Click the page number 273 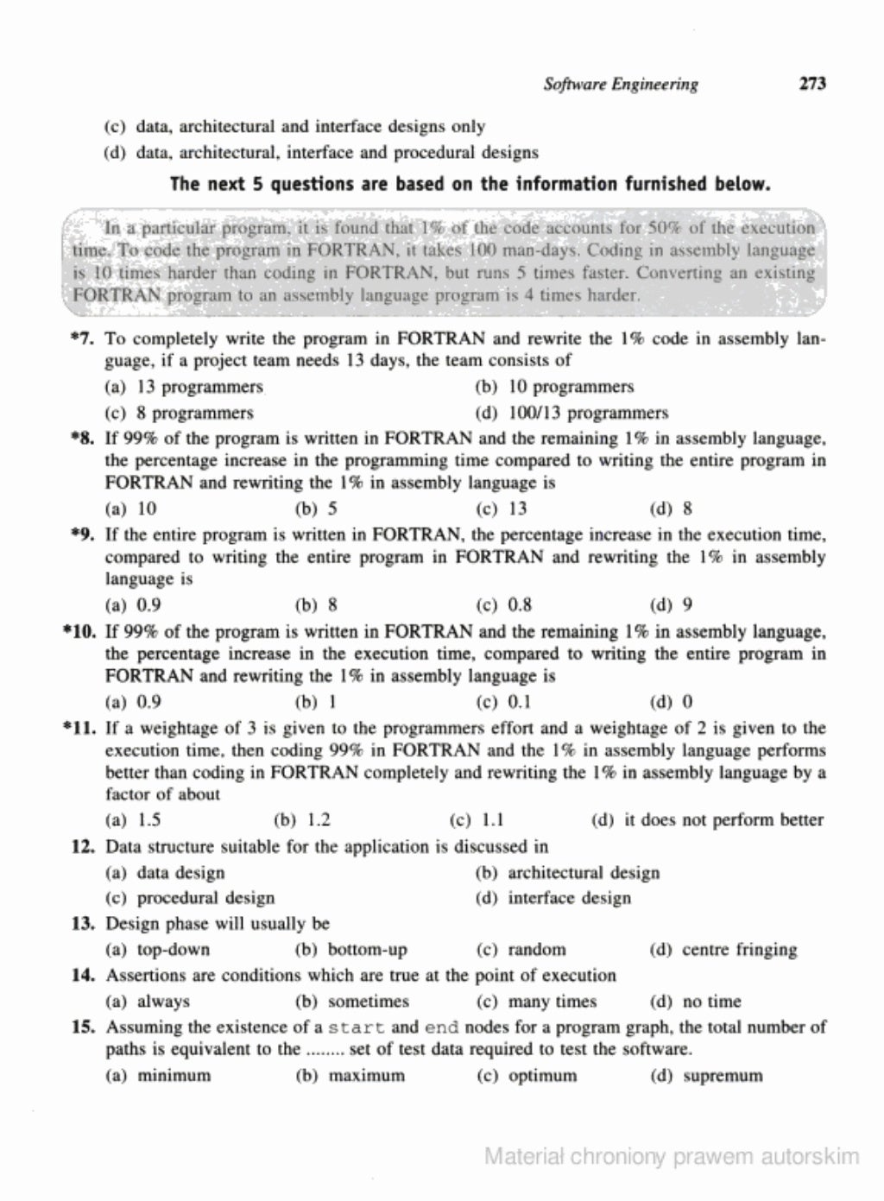pyautogui.click(x=812, y=84)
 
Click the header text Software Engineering pyautogui.click(x=621, y=84)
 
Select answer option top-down pyautogui.click(x=173, y=950)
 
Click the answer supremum pyautogui.click(x=723, y=1076)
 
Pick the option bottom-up pyautogui.click(x=367, y=950)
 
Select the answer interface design pyautogui.click(x=569, y=898)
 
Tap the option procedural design pyautogui.click(x=205, y=898)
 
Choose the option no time pyautogui.click(x=711, y=1002)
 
